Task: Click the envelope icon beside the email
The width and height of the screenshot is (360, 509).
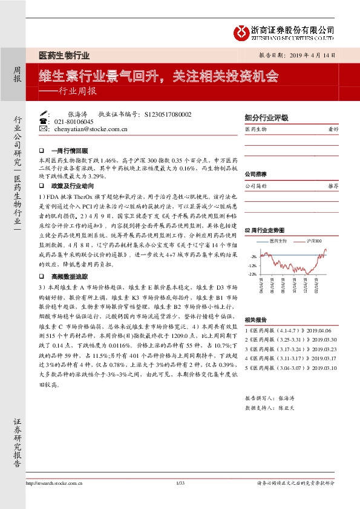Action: coord(42,129)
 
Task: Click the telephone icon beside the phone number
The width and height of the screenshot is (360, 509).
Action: coord(42,122)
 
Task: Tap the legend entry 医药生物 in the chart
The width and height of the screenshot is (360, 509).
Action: coord(277,241)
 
